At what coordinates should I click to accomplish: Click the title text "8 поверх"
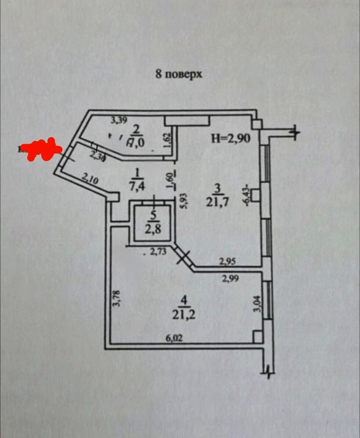(179, 74)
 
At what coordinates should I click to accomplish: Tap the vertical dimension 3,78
(117, 298)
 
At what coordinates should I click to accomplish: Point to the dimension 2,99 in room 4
(230, 279)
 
